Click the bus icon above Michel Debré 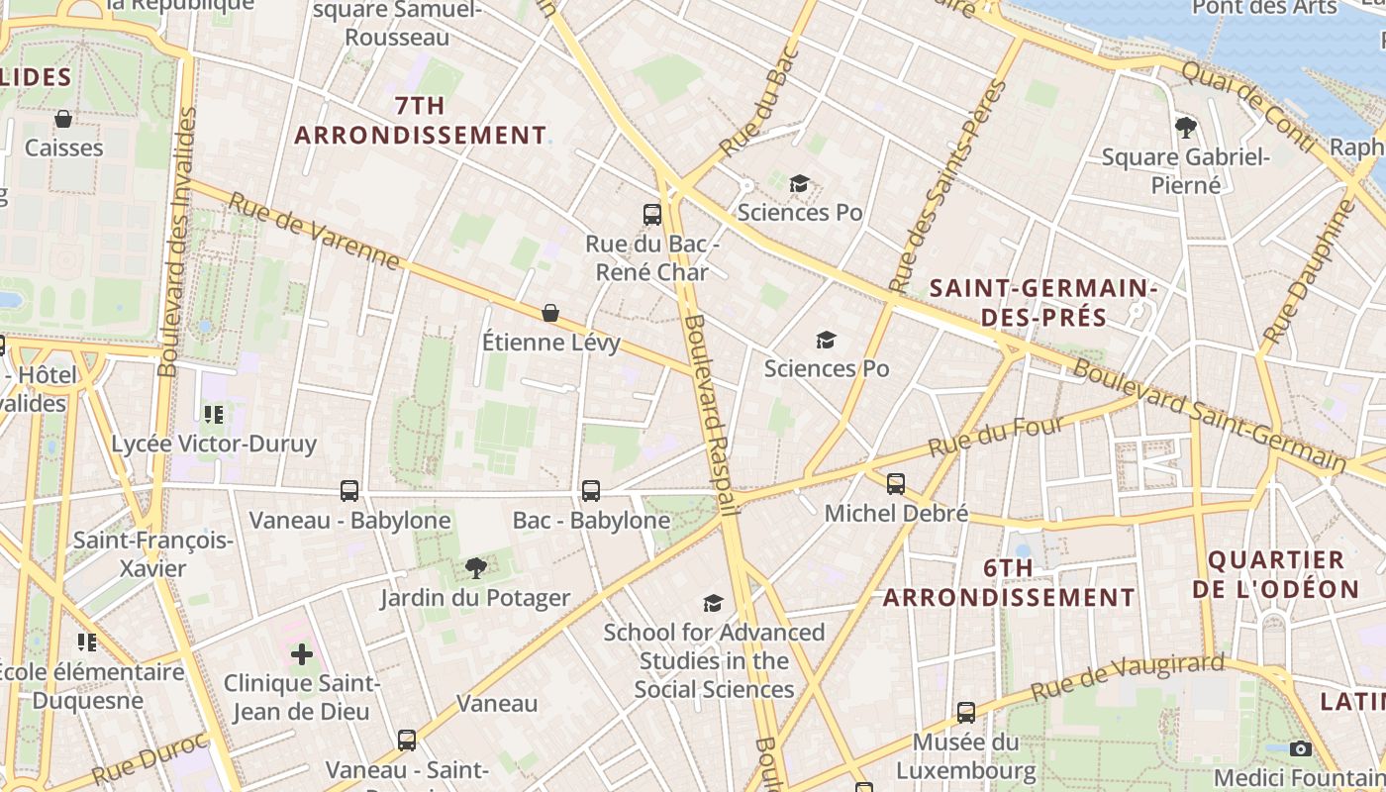(x=896, y=484)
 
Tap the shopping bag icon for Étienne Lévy (x=550, y=313)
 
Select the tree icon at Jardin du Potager (x=476, y=567)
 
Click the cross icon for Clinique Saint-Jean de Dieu (x=302, y=654)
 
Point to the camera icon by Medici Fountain (x=1301, y=748)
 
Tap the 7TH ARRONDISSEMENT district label (x=420, y=120)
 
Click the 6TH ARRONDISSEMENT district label (x=1009, y=583)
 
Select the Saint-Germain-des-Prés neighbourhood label (x=1043, y=303)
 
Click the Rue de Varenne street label (x=315, y=232)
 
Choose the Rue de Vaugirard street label (x=1128, y=677)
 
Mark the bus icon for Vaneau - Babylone (x=349, y=490)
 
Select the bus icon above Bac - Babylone (x=591, y=490)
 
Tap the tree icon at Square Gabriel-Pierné (x=1185, y=127)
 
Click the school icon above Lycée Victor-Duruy (x=213, y=414)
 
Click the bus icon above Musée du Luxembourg (x=966, y=712)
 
